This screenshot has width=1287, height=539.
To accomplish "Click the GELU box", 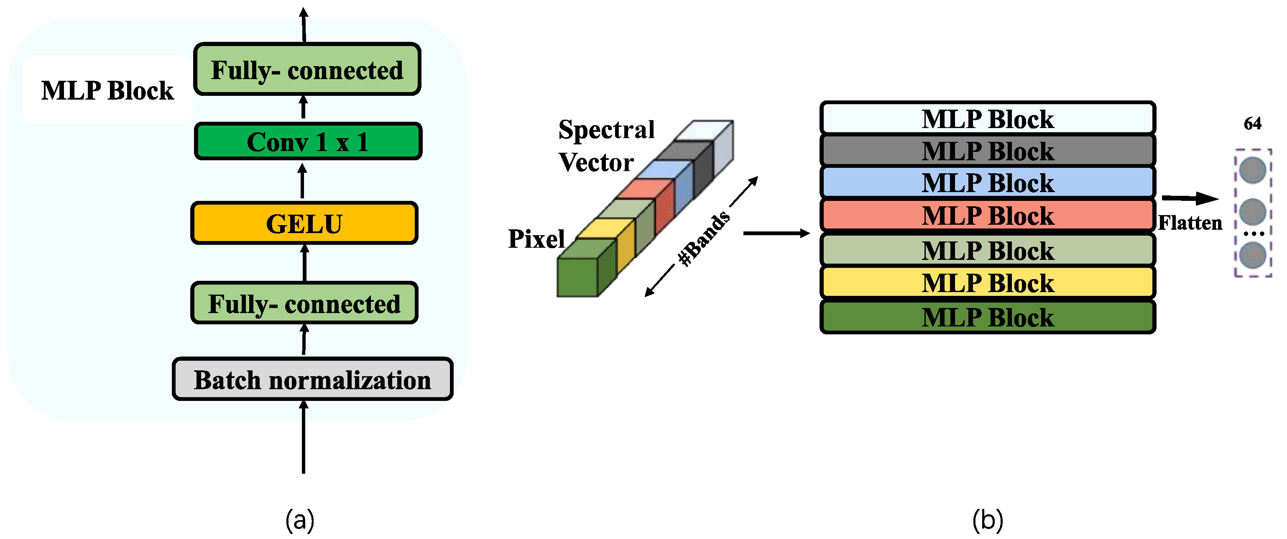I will [304, 223].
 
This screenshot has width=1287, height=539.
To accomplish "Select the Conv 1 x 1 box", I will [308, 141].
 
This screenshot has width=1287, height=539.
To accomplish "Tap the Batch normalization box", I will [312, 379].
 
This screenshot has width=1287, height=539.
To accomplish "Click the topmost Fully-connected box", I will [307, 69].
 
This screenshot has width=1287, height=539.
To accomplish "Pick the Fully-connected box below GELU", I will [304, 303].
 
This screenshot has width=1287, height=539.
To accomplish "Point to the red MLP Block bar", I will [987, 215].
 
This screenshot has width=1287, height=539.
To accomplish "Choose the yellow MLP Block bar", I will [987, 282].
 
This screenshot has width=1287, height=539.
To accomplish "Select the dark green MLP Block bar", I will [987, 317].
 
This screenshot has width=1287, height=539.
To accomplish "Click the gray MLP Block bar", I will [987, 151].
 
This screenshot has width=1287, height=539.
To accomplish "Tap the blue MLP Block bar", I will [987, 182].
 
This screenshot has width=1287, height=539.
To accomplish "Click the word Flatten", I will [1190, 223].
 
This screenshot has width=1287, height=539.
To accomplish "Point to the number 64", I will [1252, 123].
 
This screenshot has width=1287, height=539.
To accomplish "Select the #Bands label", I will [703, 239].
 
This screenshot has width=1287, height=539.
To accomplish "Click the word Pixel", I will [536, 239].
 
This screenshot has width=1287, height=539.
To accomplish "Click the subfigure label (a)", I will [300, 520].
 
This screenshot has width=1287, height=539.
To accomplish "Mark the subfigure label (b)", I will [987, 520].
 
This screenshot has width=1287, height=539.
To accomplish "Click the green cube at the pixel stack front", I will [577, 277].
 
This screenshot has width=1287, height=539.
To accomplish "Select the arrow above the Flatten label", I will [1190, 198].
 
